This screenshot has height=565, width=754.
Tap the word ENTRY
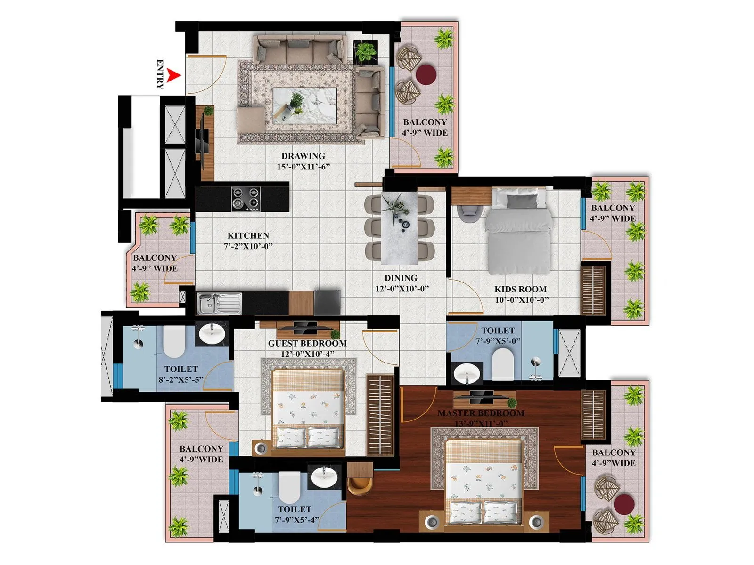pyautogui.click(x=160, y=74)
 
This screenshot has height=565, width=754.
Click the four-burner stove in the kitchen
pyautogui.click(x=246, y=199)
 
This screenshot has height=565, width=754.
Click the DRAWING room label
pyautogui.click(x=303, y=156)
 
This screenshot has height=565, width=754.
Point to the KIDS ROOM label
pyautogui.click(x=520, y=289)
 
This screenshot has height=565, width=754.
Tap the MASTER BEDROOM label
pyautogui.click(x=481, y=413)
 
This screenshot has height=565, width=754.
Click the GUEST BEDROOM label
pyautogui.click(x=307, y=343)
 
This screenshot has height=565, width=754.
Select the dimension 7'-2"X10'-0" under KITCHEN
pyautogui.click(x=248, y=246)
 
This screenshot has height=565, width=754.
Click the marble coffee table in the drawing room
pyautogui.click(x=305, y=105)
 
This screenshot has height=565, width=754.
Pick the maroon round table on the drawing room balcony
pyautogui.click(x=426, y=74)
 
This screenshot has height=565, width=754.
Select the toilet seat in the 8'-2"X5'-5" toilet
pyautogui.click(x=173, y=343)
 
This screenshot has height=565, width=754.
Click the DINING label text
pyautogui.click(x=401, y=278)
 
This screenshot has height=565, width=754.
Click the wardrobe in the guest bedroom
pyautogui.click(x=380, y=415)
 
